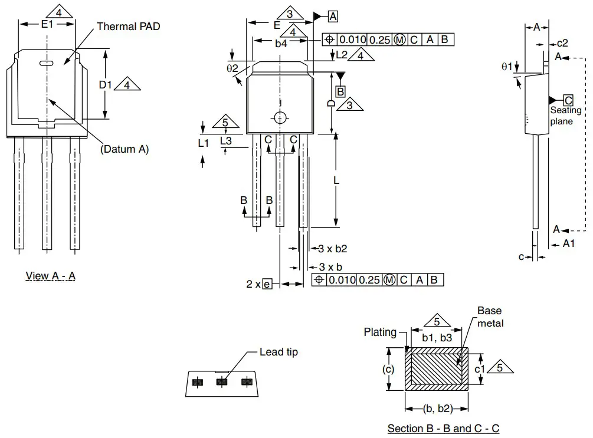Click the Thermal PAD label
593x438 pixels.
[x=128, y=27]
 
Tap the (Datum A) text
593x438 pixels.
[x=125, y=149]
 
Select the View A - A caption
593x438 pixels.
[x=51, y=276]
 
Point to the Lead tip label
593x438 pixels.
[x=279, y=352]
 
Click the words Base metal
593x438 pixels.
[x=490, y=317]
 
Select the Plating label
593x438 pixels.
[x=380, y=332]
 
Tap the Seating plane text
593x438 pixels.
[x=565, y=116]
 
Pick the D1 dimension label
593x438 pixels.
[x=105, y=85]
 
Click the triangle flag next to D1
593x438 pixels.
[x=126, y=85]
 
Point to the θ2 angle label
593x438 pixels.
[x=232, y=68]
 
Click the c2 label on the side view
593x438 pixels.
[x=562, y=43]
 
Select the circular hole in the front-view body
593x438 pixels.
[x=280, y=117]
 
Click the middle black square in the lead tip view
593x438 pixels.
[x=222, y=382]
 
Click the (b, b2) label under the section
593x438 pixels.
[x=437, y=409]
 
